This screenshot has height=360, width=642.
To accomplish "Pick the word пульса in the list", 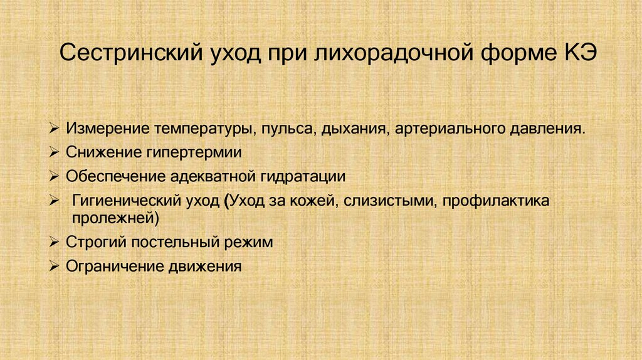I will [x=285, y=129].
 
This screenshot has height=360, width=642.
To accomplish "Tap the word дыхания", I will [x=355, y=129].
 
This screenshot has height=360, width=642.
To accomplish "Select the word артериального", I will [x=445, y=129].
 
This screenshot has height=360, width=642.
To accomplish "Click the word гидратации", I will [x=307, y=176].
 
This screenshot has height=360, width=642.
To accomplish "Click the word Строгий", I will [x=94, y=241].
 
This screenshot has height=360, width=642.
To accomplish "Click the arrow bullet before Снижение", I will [x=55, y=152].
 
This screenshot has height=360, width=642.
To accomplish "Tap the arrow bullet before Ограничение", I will [x=55, y=265].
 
